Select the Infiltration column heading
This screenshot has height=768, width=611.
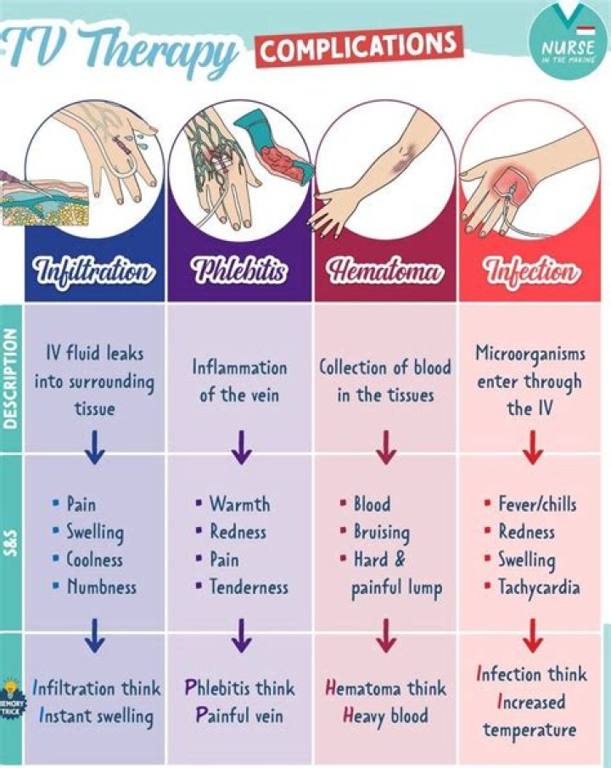[x=94, y=272]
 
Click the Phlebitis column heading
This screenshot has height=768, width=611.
[x=240, y=272]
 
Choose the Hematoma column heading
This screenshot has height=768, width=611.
[x=386, y=272]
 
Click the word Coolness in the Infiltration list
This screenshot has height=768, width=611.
[x=94, y=560]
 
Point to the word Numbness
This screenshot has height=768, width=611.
[x=101, y=586]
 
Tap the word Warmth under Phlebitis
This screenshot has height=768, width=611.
[x=239, y=504]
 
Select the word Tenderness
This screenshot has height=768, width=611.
[x=249, y=586]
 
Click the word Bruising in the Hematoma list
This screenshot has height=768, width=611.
[x=381, y=532]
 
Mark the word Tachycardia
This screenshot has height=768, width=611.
[x=539, y=586]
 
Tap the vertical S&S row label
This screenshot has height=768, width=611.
[x=11, y=542]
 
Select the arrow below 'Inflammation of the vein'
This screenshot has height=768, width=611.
[x=240, y=446]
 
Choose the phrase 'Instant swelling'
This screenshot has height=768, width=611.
[x=96, y=715]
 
